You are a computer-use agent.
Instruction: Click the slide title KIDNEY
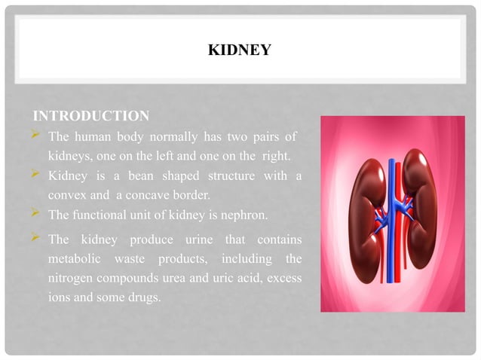click(x=240, y=51)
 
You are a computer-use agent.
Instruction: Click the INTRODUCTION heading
click(x=91, y=116)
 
